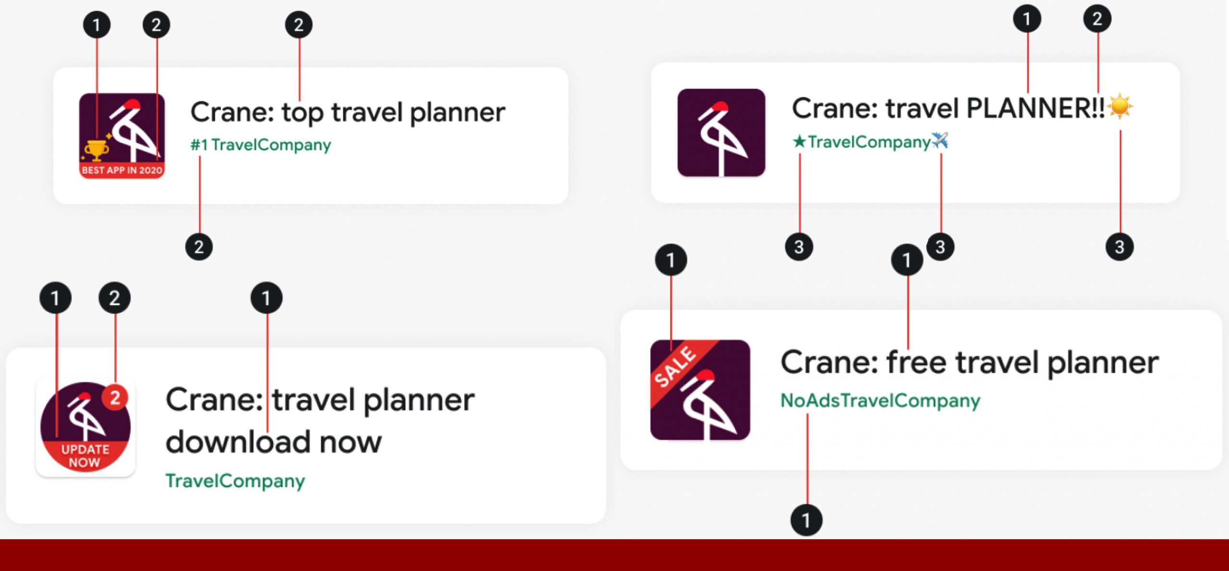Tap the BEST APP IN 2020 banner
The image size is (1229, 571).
click(x=122, y=170)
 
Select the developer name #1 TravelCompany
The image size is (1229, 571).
click(x=261, y=145)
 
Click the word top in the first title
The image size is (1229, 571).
click(x=302, y=113)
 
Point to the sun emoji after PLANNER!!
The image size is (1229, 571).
click(x=1120, y=106)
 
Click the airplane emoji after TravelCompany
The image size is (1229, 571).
click(x=940, y=141)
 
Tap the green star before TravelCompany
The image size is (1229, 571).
click(x=799, y=141)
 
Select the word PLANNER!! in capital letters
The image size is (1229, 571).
click(x=1035, y=108)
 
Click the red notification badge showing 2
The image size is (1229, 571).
click(x=115, y=397)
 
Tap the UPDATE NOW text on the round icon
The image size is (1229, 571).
click(x=85, y=456)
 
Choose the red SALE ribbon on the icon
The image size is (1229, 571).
click(x=682, y=371)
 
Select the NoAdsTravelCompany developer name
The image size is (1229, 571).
click(x=880, y=400)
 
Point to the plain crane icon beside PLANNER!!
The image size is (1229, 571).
click(x=721, y=133)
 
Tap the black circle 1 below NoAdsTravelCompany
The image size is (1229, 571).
click(x=807, y=520)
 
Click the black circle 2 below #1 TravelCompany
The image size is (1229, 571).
click(x=199, y=247)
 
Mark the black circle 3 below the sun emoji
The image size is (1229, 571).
click(x=1120, y=247)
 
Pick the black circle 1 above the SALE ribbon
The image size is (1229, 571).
click(x=671, y=260)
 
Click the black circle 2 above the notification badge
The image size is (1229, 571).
click(x=115, y=298)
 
